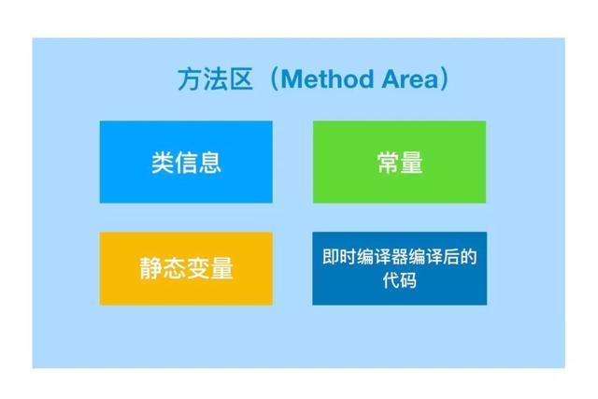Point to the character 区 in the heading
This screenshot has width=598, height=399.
click(240, 80)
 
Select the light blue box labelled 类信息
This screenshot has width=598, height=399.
click(186, 162)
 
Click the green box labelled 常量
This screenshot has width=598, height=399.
click(399, 162)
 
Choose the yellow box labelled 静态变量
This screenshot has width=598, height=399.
click(186, 268)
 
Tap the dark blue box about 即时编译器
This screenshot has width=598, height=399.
click(399, 268)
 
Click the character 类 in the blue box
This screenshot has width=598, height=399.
click(163, 163)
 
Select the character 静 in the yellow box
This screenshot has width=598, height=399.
click(151, 269)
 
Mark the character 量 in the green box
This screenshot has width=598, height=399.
click(411, 163)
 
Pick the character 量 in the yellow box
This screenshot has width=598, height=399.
click(221, 269)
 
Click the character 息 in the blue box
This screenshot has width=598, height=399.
click(210, 163)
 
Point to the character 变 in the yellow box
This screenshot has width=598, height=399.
click(198, 269)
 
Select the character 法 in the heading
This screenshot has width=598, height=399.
click(214, 80)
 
